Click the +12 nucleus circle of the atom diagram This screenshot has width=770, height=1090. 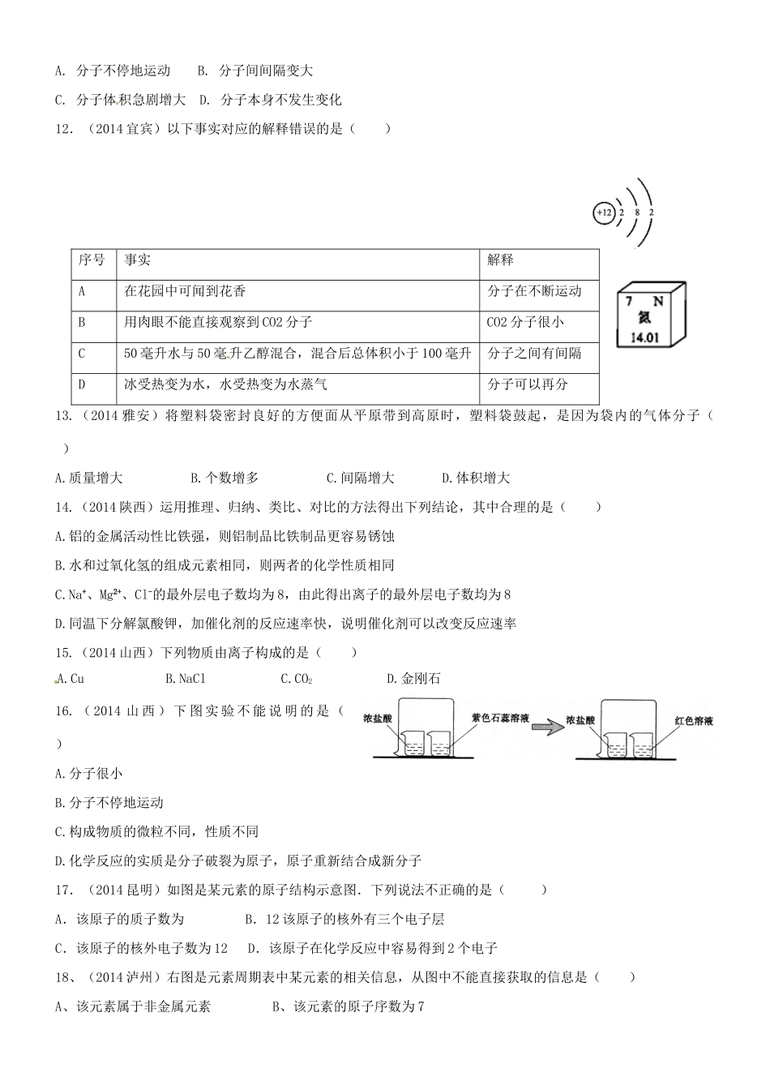tap(605, 213)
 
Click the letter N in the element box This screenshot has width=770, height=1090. tap(658, 301)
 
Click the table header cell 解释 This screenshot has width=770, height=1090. tap(500, 260)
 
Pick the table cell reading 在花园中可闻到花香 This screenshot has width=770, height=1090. tap(186, 291)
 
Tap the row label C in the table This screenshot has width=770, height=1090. tap(82, 354)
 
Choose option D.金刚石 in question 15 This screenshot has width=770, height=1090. tap(414, 679)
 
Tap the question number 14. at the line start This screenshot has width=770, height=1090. tap(64, 507)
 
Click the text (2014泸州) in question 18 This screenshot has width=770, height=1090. tap(128, 977)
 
